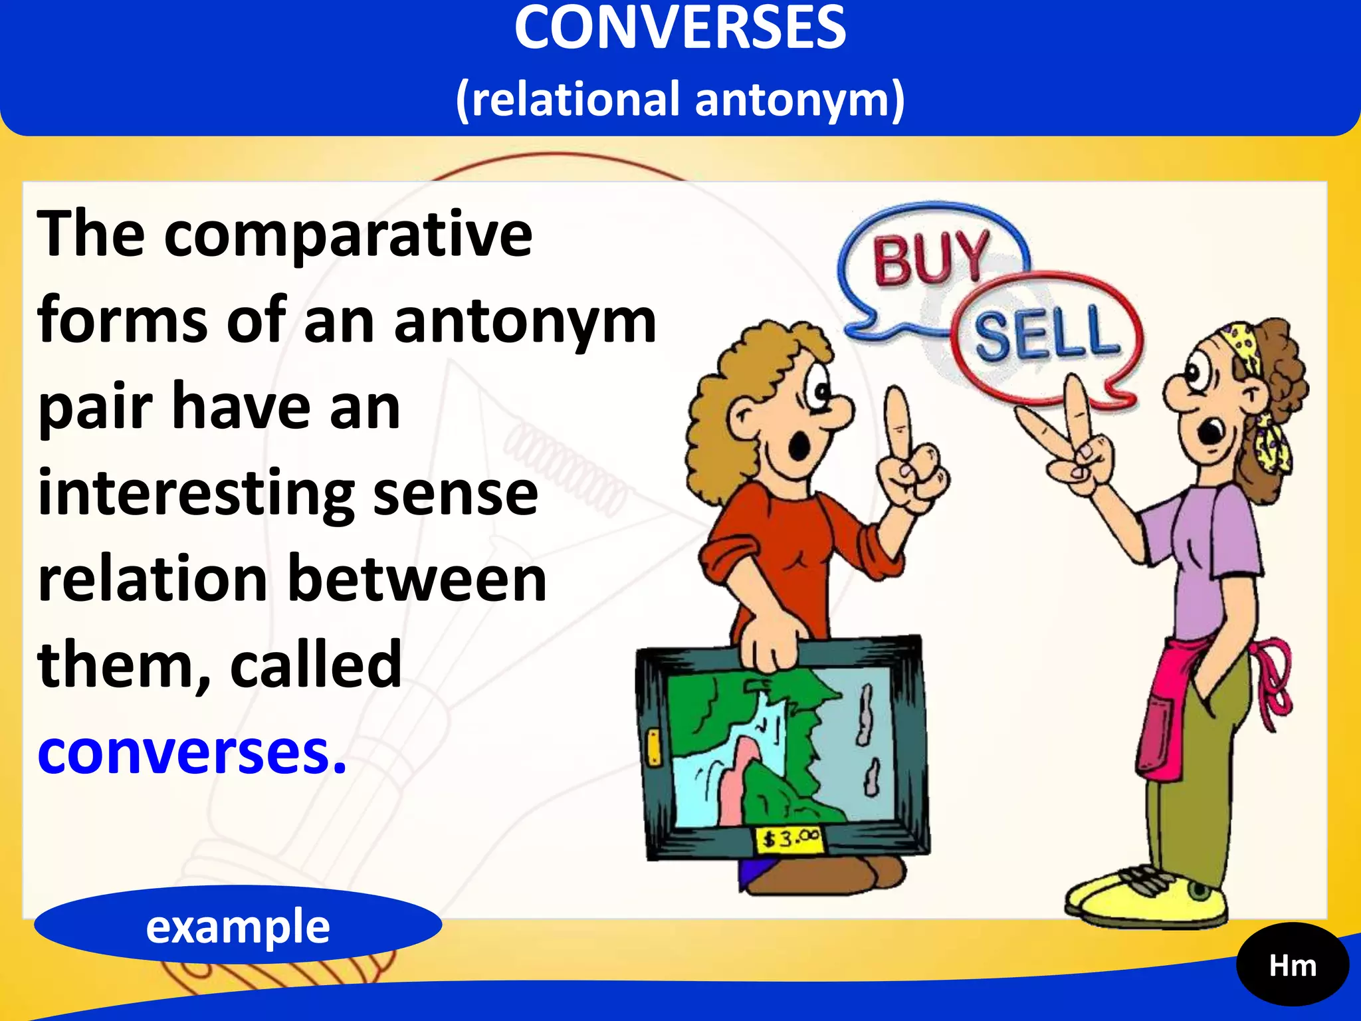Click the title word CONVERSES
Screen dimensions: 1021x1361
680,28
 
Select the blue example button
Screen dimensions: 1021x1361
238,925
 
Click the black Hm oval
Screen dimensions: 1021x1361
1292,965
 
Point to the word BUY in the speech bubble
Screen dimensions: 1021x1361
930,258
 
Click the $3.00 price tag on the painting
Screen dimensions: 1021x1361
789,839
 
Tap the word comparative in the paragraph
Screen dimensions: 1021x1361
348,235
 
